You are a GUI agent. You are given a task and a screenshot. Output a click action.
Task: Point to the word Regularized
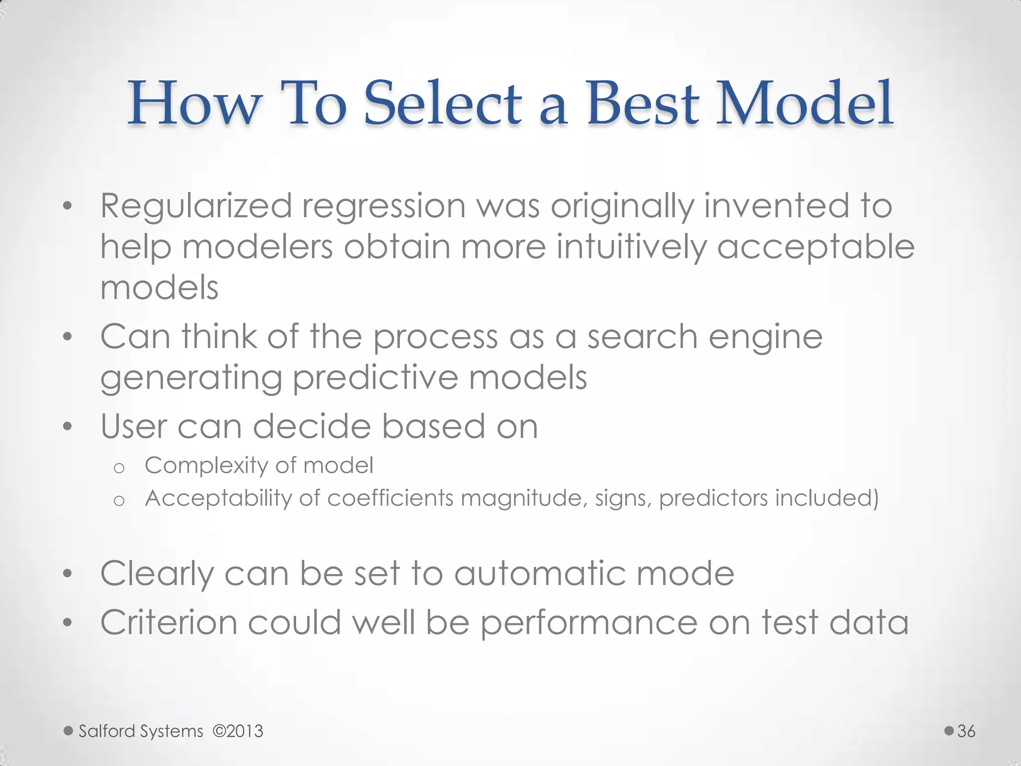click(x=196, y=206)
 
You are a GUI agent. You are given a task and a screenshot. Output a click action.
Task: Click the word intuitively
click(x=631, y=247)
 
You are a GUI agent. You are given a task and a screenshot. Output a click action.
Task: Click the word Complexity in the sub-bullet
click(x=206, y=466)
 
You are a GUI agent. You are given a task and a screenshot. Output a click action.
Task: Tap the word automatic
click(x=539, y=574)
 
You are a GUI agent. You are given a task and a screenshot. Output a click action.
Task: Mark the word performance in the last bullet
click(x=589, y=624)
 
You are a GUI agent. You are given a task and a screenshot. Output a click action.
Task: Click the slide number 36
click(x=966, y=731)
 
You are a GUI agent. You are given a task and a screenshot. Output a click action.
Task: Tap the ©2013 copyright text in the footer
click(x=238, y=731)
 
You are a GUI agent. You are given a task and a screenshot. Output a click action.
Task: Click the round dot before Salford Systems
click(x=69, y=731)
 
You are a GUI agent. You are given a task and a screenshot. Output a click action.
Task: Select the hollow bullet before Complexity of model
click(x=119, y=468)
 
